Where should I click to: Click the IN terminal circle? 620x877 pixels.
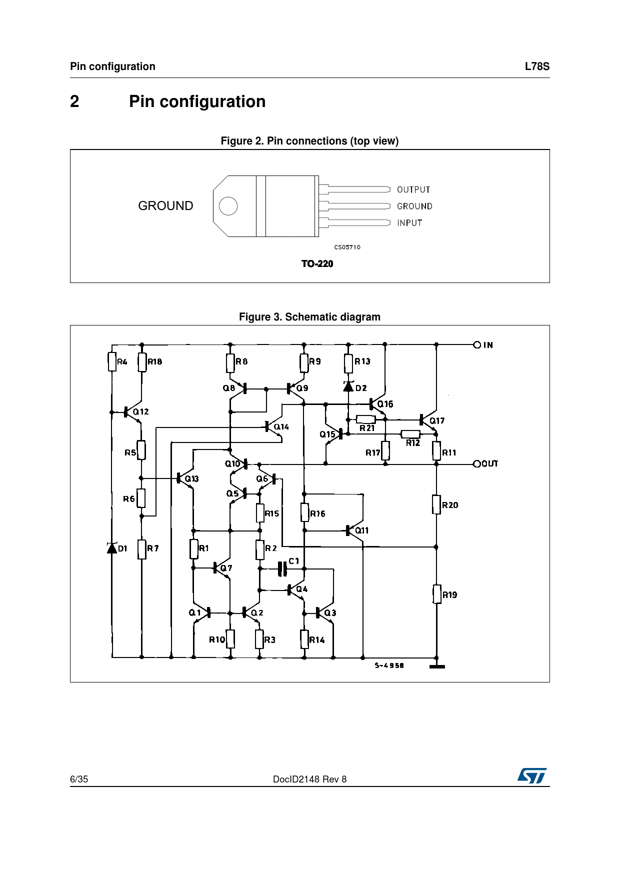click(477, 344)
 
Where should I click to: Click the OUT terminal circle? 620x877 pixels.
click(477, 463)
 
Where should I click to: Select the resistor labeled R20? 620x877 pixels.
click(436, 504)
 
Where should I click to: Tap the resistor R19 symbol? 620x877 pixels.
click(436, 594)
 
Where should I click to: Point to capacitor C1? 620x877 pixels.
click(282, 568)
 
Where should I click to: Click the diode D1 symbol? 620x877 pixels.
click(112, 548)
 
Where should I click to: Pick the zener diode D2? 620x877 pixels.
click(348, 386)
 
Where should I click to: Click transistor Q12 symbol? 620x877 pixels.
click(132, 412)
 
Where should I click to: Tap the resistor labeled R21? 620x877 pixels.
click(366, 419)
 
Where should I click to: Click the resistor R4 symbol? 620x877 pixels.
click(112, 361)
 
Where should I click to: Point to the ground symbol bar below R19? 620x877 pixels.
click(437, 666)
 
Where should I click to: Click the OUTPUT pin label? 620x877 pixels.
click(413, 189)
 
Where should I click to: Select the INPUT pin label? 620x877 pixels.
click(409, 223)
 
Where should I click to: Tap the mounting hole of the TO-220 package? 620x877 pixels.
click(228, 206)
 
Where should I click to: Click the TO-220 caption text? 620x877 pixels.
click(317, 263)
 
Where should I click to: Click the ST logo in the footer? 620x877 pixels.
click(532, 775)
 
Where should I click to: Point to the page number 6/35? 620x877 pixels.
click(79, 779)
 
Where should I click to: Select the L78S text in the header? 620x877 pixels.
click(537, 66)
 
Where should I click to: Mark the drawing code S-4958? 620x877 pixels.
click(389, 665)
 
